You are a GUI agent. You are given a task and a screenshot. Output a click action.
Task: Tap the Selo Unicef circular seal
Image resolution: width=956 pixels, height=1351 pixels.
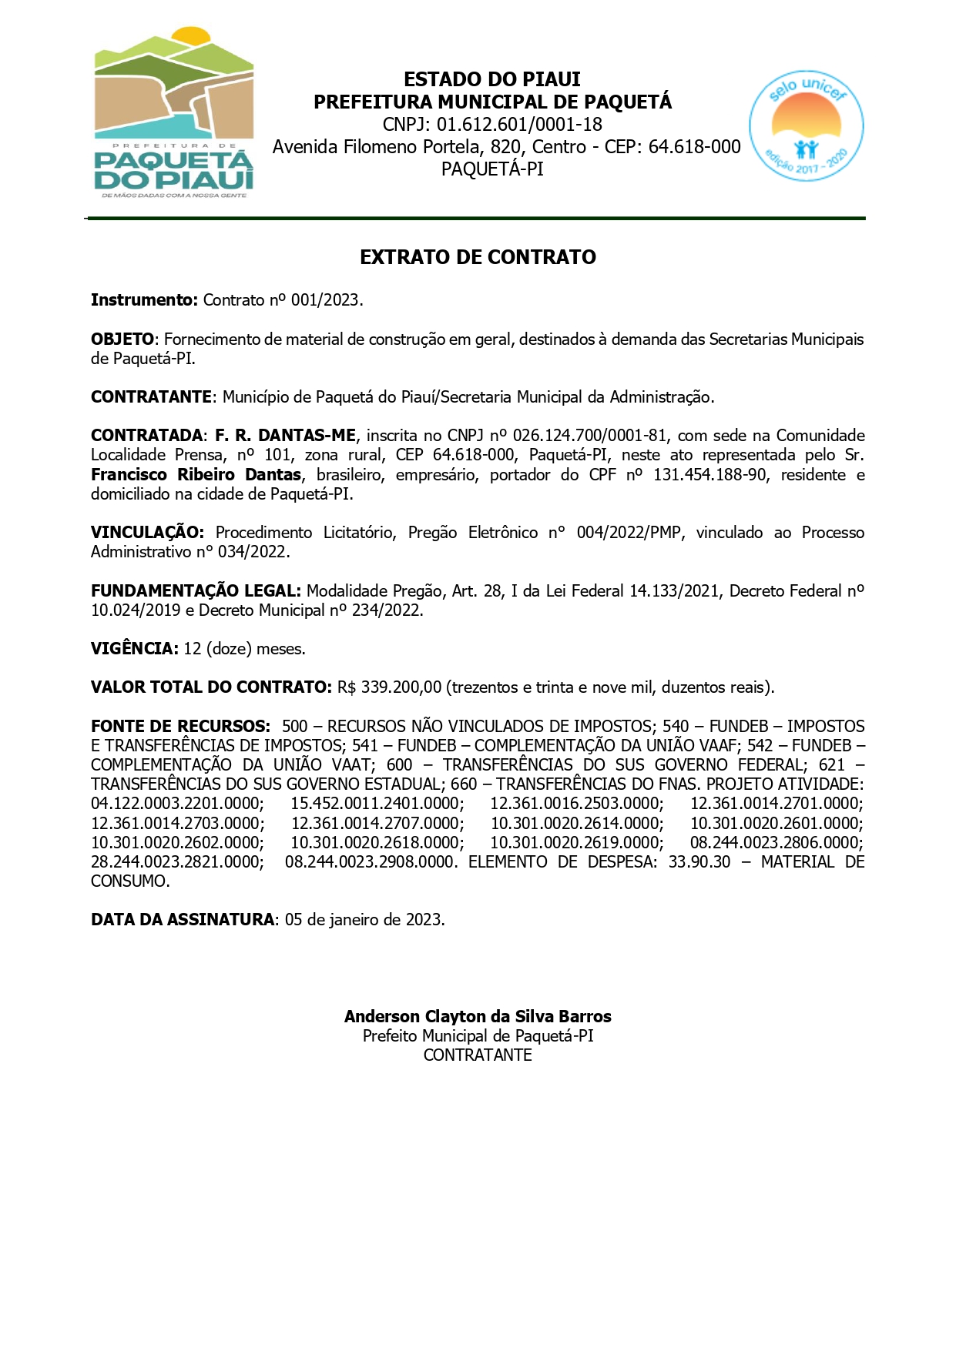[x=806, y=126]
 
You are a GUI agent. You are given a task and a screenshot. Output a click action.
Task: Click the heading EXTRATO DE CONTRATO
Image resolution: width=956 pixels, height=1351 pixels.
[x=478, y=257]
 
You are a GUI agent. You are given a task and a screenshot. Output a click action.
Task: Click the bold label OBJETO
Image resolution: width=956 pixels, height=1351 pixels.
[x=122, y=339]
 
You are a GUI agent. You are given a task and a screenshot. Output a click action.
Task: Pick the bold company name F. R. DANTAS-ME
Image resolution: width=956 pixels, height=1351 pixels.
[x=285, y=436]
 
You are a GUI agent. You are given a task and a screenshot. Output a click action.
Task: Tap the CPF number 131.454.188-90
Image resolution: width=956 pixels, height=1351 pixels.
[x=709, y=475]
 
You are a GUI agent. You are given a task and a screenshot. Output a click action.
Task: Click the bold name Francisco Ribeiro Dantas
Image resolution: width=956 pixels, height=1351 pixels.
[x=196, y=475]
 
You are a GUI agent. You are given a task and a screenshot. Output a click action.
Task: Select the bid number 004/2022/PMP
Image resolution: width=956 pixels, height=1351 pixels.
[x=629, y=533]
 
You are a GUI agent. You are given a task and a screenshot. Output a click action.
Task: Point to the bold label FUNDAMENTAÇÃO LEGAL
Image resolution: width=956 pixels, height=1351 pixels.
[x=196, y=591]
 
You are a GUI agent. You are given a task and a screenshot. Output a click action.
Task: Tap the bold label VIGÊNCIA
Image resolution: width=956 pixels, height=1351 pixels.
[x=135, y=649]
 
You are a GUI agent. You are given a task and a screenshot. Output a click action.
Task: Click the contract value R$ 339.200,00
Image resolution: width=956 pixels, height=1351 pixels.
[x=389, y=687]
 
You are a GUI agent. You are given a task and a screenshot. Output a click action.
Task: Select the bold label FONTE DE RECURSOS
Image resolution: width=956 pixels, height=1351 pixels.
[x=180, y=727]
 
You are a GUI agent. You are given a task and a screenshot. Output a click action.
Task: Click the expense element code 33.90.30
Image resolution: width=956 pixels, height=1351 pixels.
[x=699, y=862]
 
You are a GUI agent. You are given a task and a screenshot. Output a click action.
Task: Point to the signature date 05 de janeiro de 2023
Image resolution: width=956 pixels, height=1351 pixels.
[x=364, y=920]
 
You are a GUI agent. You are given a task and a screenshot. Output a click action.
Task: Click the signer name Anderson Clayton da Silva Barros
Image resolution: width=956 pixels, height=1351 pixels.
[x=478, y=1017]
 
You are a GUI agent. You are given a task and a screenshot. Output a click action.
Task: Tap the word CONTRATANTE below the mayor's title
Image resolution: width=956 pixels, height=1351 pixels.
[x=478, y=1055]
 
